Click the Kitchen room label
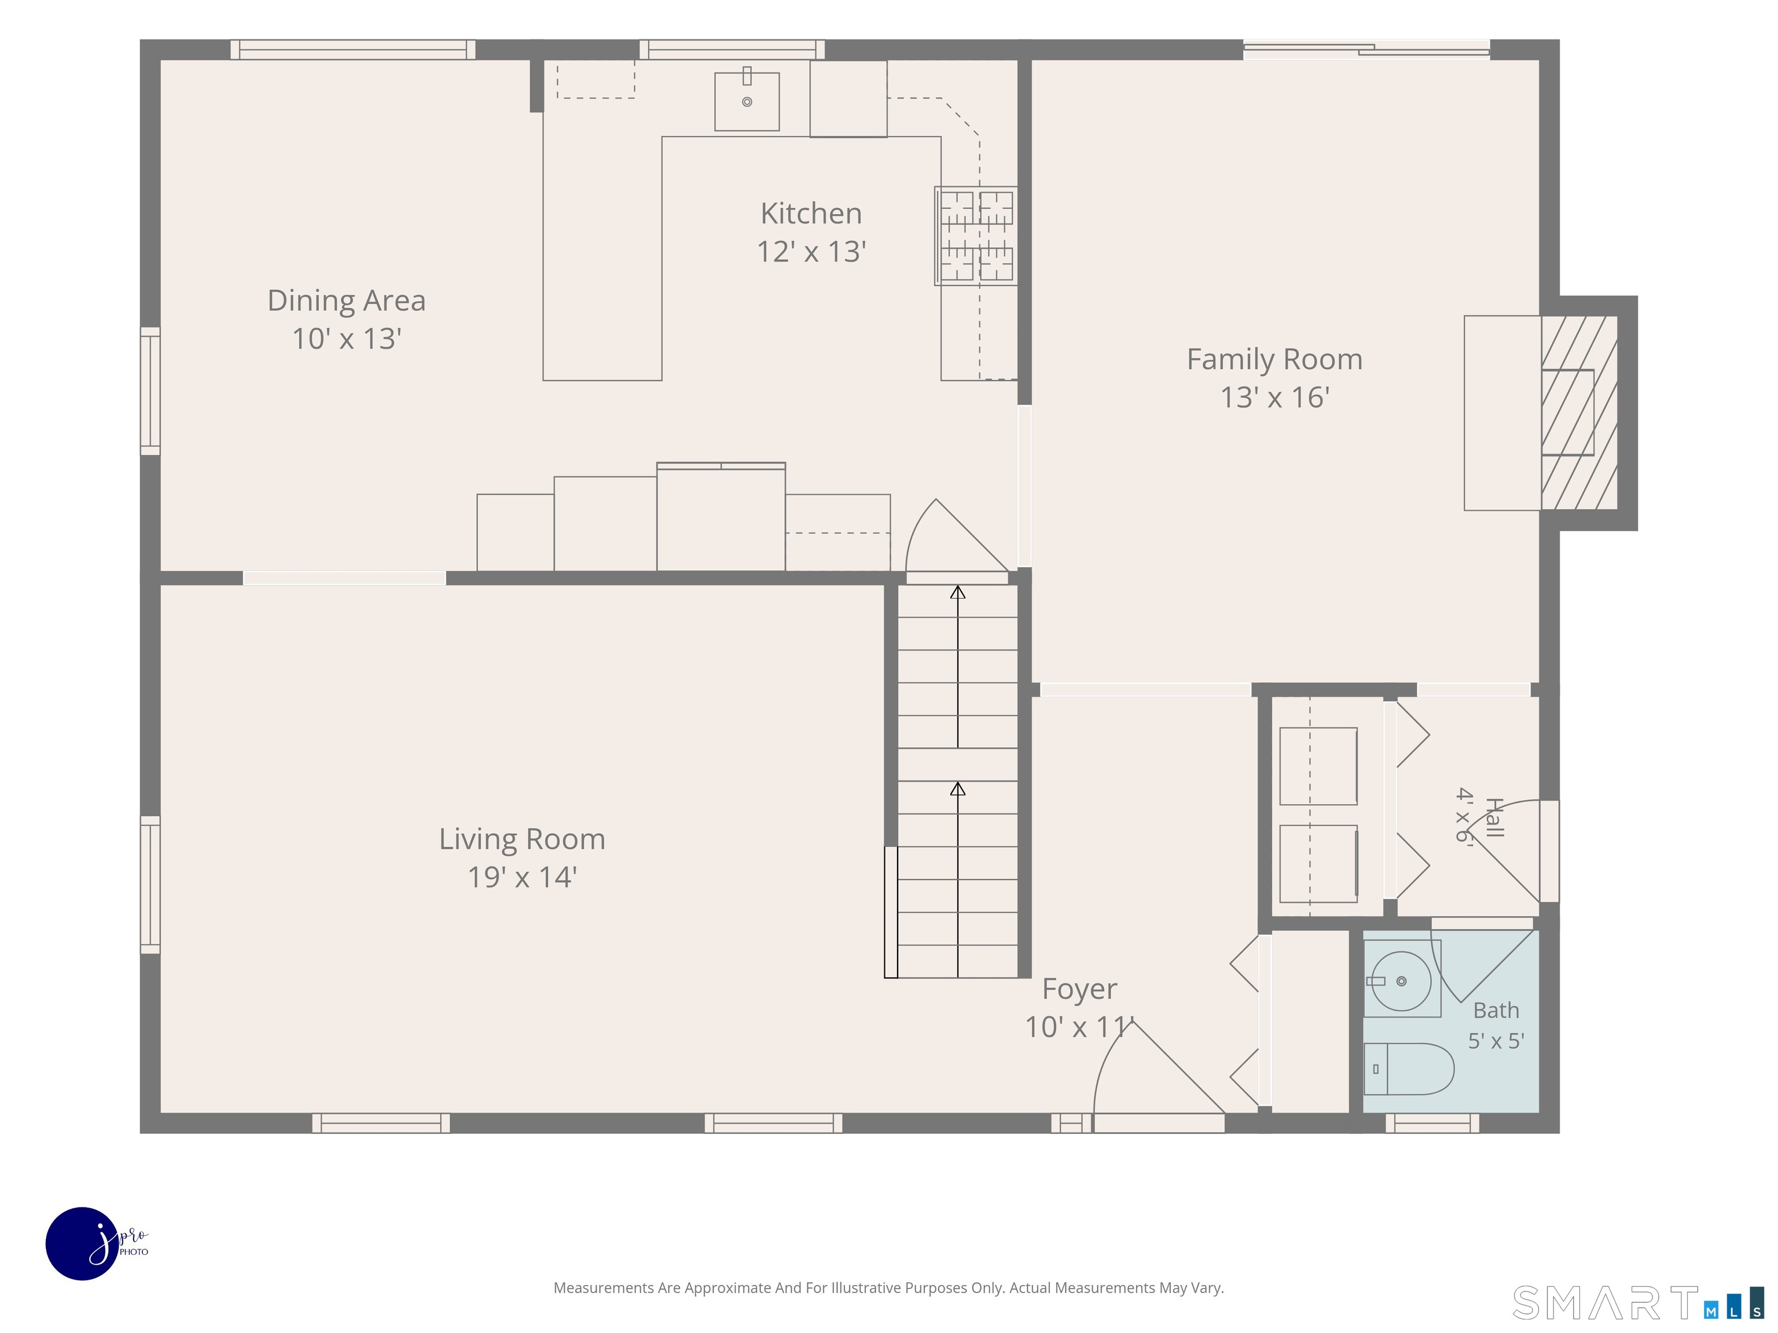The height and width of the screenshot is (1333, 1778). click(x=811, y=213)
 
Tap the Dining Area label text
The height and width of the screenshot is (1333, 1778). click(x=347, y=300)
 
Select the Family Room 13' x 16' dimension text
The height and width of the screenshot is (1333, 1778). click(x=1275, y=397)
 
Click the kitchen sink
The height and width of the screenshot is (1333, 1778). click(x=747, y=101)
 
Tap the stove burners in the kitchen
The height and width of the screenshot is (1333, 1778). click(x=976, y=236)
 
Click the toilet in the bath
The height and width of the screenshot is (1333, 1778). click(x=1409, y=1069)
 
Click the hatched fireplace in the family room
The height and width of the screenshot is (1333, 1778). click(x=1579, y=412)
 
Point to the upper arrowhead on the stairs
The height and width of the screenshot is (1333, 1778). click(x=957, y=593)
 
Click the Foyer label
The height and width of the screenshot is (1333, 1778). click(x=1079, y=989)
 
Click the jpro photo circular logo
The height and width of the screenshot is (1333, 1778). click(x=83, y=1244)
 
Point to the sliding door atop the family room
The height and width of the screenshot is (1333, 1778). click(x=1366, y=50)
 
